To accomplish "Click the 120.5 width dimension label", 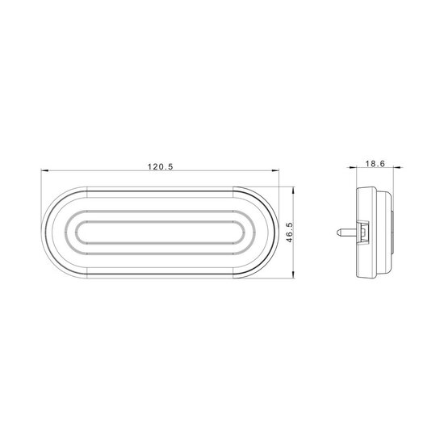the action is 160,167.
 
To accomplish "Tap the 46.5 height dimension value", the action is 289,232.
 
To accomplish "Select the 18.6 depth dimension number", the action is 375,164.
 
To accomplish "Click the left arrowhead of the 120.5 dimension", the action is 45,170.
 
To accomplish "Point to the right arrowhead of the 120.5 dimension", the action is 275,170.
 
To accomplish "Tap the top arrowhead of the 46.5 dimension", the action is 293,191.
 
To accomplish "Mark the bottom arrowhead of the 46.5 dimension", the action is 293,274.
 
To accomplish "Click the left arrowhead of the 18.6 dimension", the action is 352,167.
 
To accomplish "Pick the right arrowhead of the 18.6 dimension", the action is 397,167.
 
